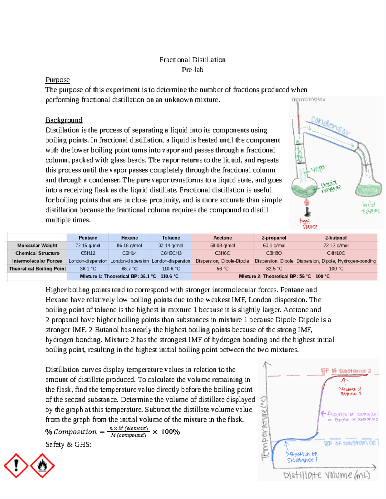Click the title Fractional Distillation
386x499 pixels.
click(x=192, y=60)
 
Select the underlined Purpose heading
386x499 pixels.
click(x=58, y=80)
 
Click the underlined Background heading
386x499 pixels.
click(x=64, y=120)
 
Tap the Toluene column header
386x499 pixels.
click(x=171, y=238)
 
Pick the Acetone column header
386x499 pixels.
click(x=222, y=238)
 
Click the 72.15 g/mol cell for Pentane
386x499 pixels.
click(x=88, y=245)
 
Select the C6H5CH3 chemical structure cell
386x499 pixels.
click(x=171, y=253)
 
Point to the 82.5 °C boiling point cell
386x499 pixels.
click(x=274, y=269)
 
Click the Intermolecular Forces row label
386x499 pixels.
click(x=37, y=261)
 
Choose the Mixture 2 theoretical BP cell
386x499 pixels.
click(x=284, y=276)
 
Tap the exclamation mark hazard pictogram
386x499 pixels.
click(x=16, y=465)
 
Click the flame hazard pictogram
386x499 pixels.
click(x=42, y=465)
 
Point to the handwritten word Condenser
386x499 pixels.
click(x=330, y=126)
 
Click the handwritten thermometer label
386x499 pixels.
click(x=308, y=100)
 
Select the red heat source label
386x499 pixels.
click(x=308, y=224)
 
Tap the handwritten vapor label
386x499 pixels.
click(x=318, y=168)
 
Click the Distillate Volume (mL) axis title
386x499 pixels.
click(x=326, y=476)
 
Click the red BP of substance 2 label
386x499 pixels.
click(x=346, y=371)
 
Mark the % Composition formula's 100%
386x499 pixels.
click(x=170, y=432)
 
